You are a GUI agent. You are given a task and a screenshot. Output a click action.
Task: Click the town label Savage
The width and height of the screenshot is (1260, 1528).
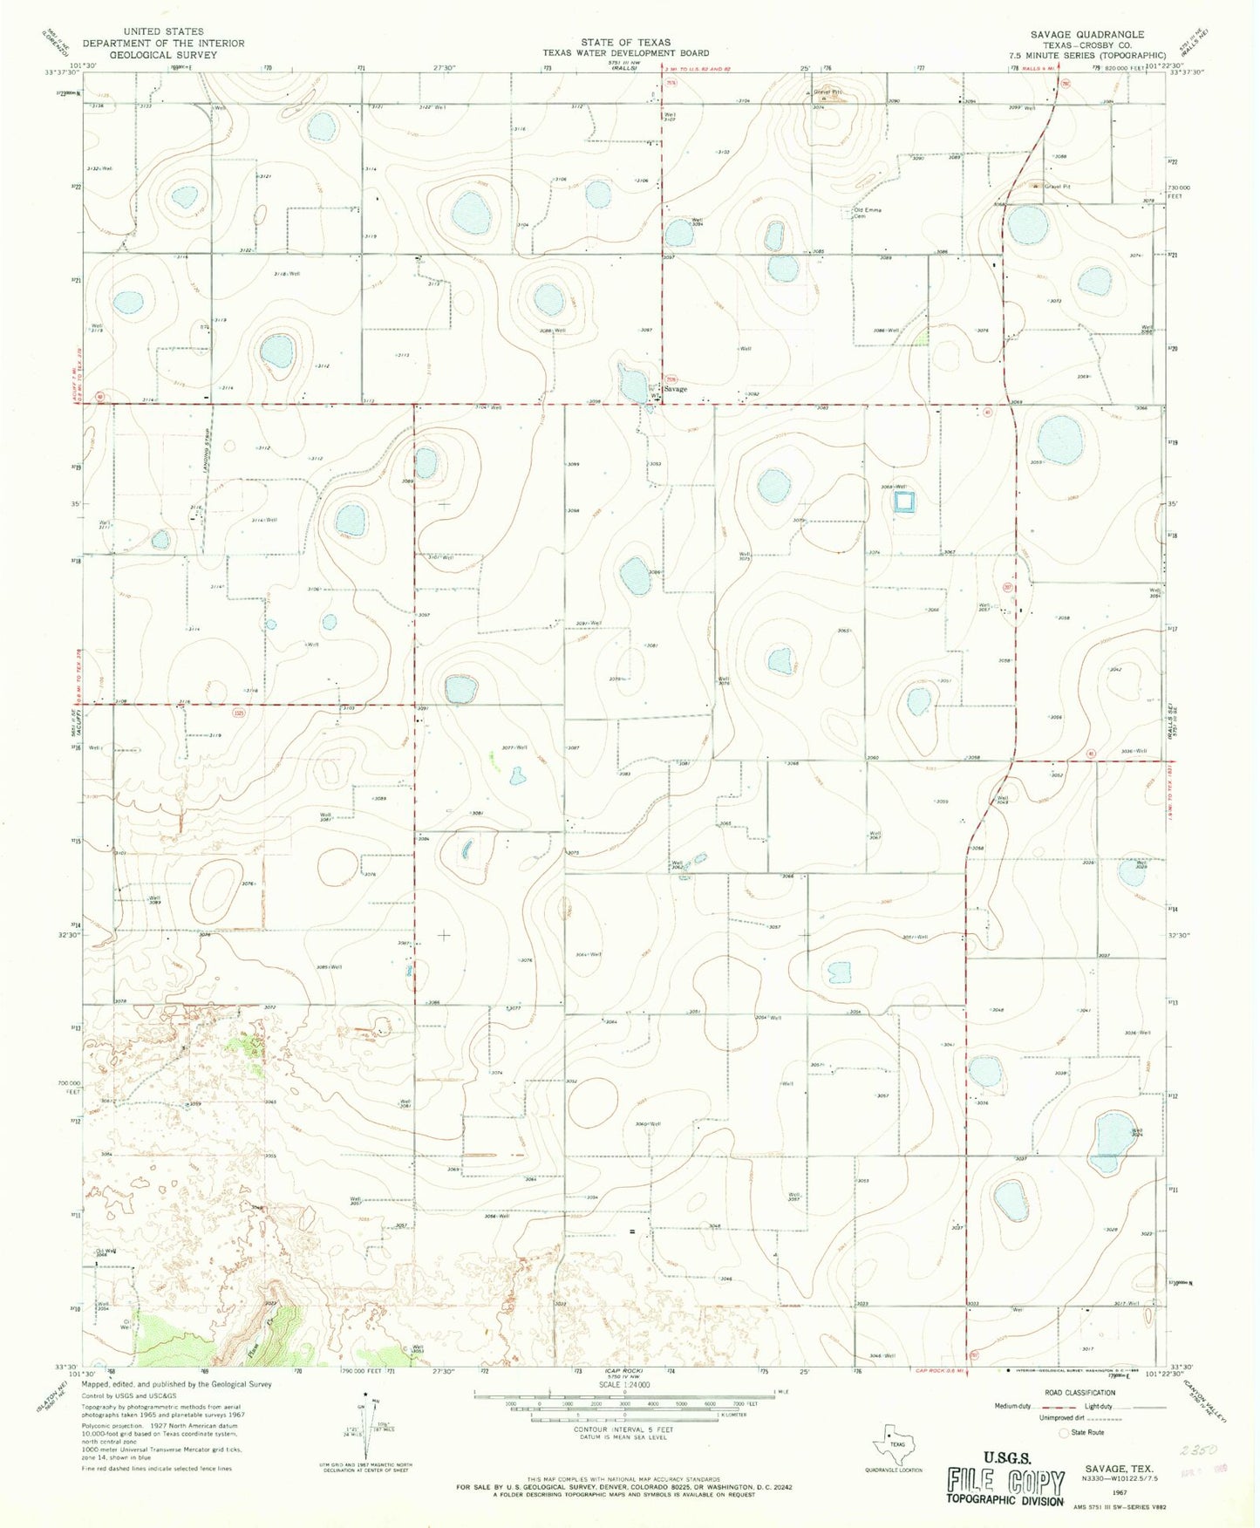click(x=675, y=389)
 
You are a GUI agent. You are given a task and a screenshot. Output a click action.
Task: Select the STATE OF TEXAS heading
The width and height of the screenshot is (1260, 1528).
click(x=626, y=42)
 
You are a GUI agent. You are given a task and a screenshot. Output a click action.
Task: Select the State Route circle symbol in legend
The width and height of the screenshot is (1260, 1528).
click(x=1063, y=1433)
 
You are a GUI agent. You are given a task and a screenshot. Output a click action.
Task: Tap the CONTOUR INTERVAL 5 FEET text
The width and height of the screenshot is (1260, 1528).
click(x=626, y=1430)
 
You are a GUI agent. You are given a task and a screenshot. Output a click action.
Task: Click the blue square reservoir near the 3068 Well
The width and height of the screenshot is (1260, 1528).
click(x=904, y=501)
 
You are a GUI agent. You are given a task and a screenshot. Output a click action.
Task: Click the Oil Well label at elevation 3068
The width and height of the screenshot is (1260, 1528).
click(x=106, y=1252)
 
